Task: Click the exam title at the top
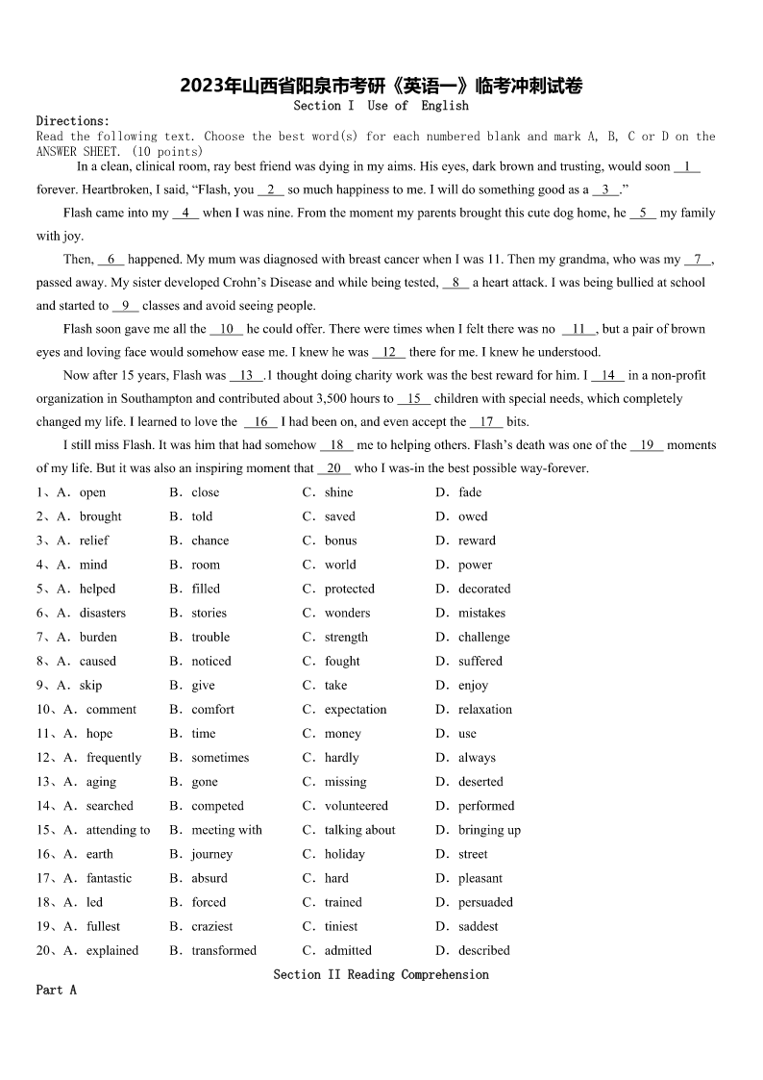tap(381, 87)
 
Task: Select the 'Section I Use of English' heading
tap(381, 106)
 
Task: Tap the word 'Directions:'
tap(73, 121)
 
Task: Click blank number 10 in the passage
tap(227, 329)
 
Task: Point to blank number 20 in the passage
tap(333, 468)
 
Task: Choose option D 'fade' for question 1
tap(470, 492)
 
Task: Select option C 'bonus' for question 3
tap(340, 540)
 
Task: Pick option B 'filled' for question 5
tap(206, 589)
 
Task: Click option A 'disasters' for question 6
tap(103, 613)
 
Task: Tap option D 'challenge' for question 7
tap(483, 637)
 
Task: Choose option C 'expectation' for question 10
tap(356, 710)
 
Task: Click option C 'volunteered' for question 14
tap(357, 806)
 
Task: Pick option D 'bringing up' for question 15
tap(489, 830)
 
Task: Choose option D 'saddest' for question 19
tap(478, 926)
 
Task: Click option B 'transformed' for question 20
tap(224, 950)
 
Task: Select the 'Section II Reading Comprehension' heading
tap(381, 975)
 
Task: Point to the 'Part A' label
tap(56, 990)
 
